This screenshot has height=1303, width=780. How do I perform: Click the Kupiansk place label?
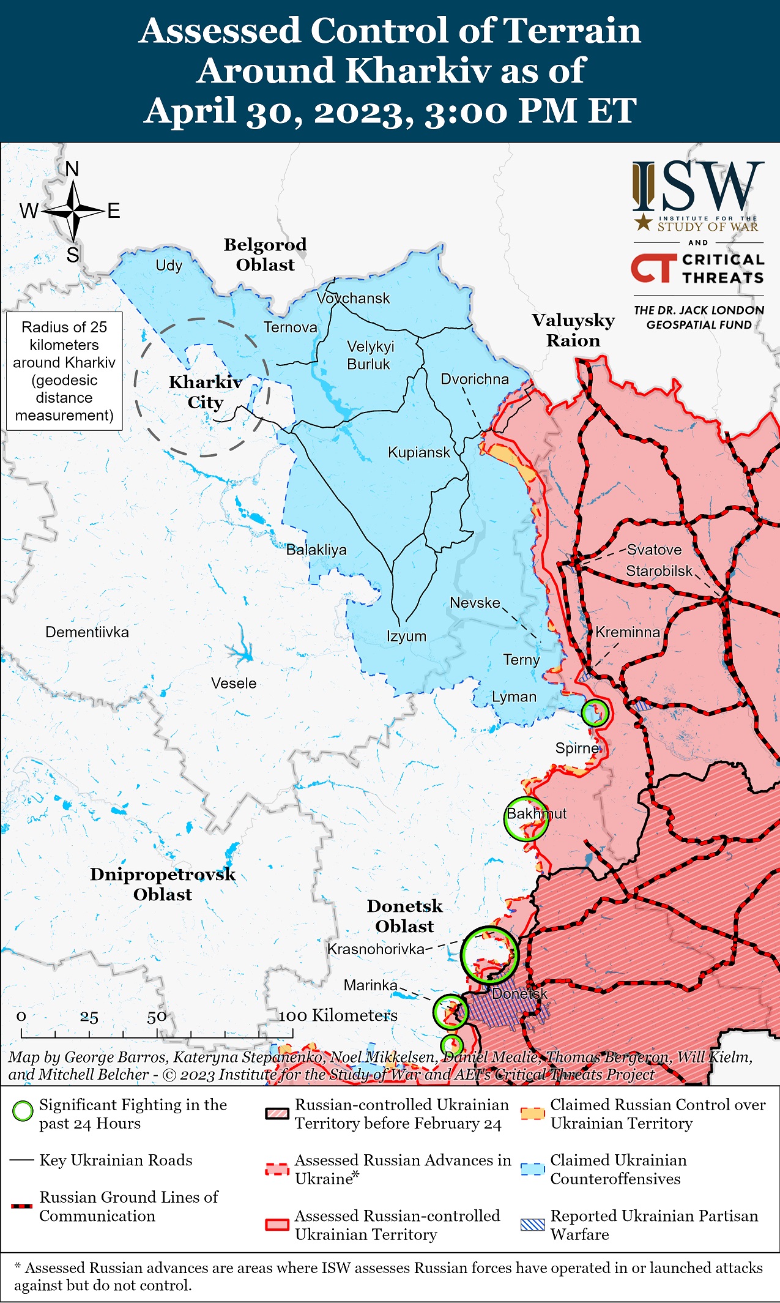click(418, 452)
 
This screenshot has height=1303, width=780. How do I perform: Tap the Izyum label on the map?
click(406, 636)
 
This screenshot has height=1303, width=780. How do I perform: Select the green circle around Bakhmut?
click(526, 818)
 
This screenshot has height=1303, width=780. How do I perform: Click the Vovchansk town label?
click(353, 298)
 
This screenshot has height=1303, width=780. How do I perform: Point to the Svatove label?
click(654, 549)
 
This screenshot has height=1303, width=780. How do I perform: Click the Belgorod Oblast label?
click(265, 255)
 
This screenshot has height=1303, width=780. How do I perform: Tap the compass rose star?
click(73, 211)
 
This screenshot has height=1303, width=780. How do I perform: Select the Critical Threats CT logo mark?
click(653, 268)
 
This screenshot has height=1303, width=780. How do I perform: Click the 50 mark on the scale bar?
click(157, 1017)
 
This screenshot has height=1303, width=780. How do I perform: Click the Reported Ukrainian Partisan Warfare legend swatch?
click(532, 1225)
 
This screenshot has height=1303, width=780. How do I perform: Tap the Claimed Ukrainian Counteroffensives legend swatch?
click(532, 1168)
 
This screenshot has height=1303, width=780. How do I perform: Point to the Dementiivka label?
click(87, 632)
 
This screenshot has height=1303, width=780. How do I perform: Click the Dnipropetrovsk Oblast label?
click(162, 884)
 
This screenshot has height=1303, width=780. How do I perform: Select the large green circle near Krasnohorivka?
click(489, 955)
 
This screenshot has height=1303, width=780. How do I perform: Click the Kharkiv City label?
click(205, 392)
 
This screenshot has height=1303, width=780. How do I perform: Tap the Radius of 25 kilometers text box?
click(64, 371)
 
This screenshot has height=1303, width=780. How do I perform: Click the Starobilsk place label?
click(659, 570)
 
